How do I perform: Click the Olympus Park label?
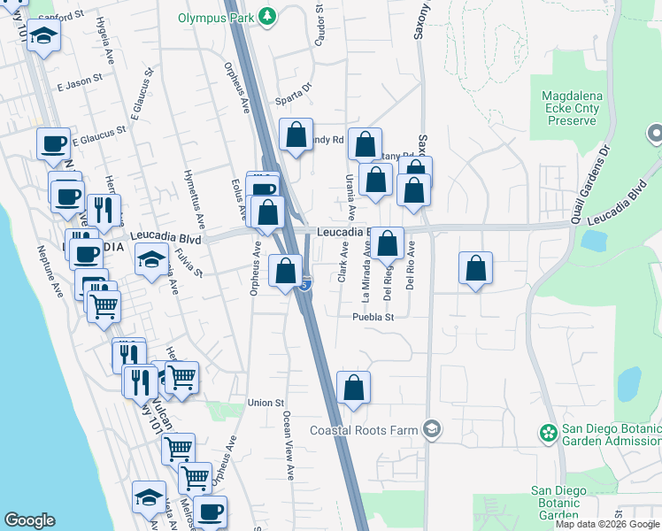[x=214, y=17]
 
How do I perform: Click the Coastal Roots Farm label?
[x=366, y=430]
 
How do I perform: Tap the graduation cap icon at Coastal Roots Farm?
[x=431, y=430]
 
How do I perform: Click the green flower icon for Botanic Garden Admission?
[x=549, y=433]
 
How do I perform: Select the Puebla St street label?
[x=372, y=316]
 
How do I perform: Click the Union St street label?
[x=265, y=403]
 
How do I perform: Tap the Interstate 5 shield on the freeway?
[x=304, y=285]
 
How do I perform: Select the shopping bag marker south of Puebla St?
[x=353, y=387]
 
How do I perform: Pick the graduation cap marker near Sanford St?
[x=42, y=36]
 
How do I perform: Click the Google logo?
[x=29, y=520]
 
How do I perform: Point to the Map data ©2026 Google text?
[x=607, y=524]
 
